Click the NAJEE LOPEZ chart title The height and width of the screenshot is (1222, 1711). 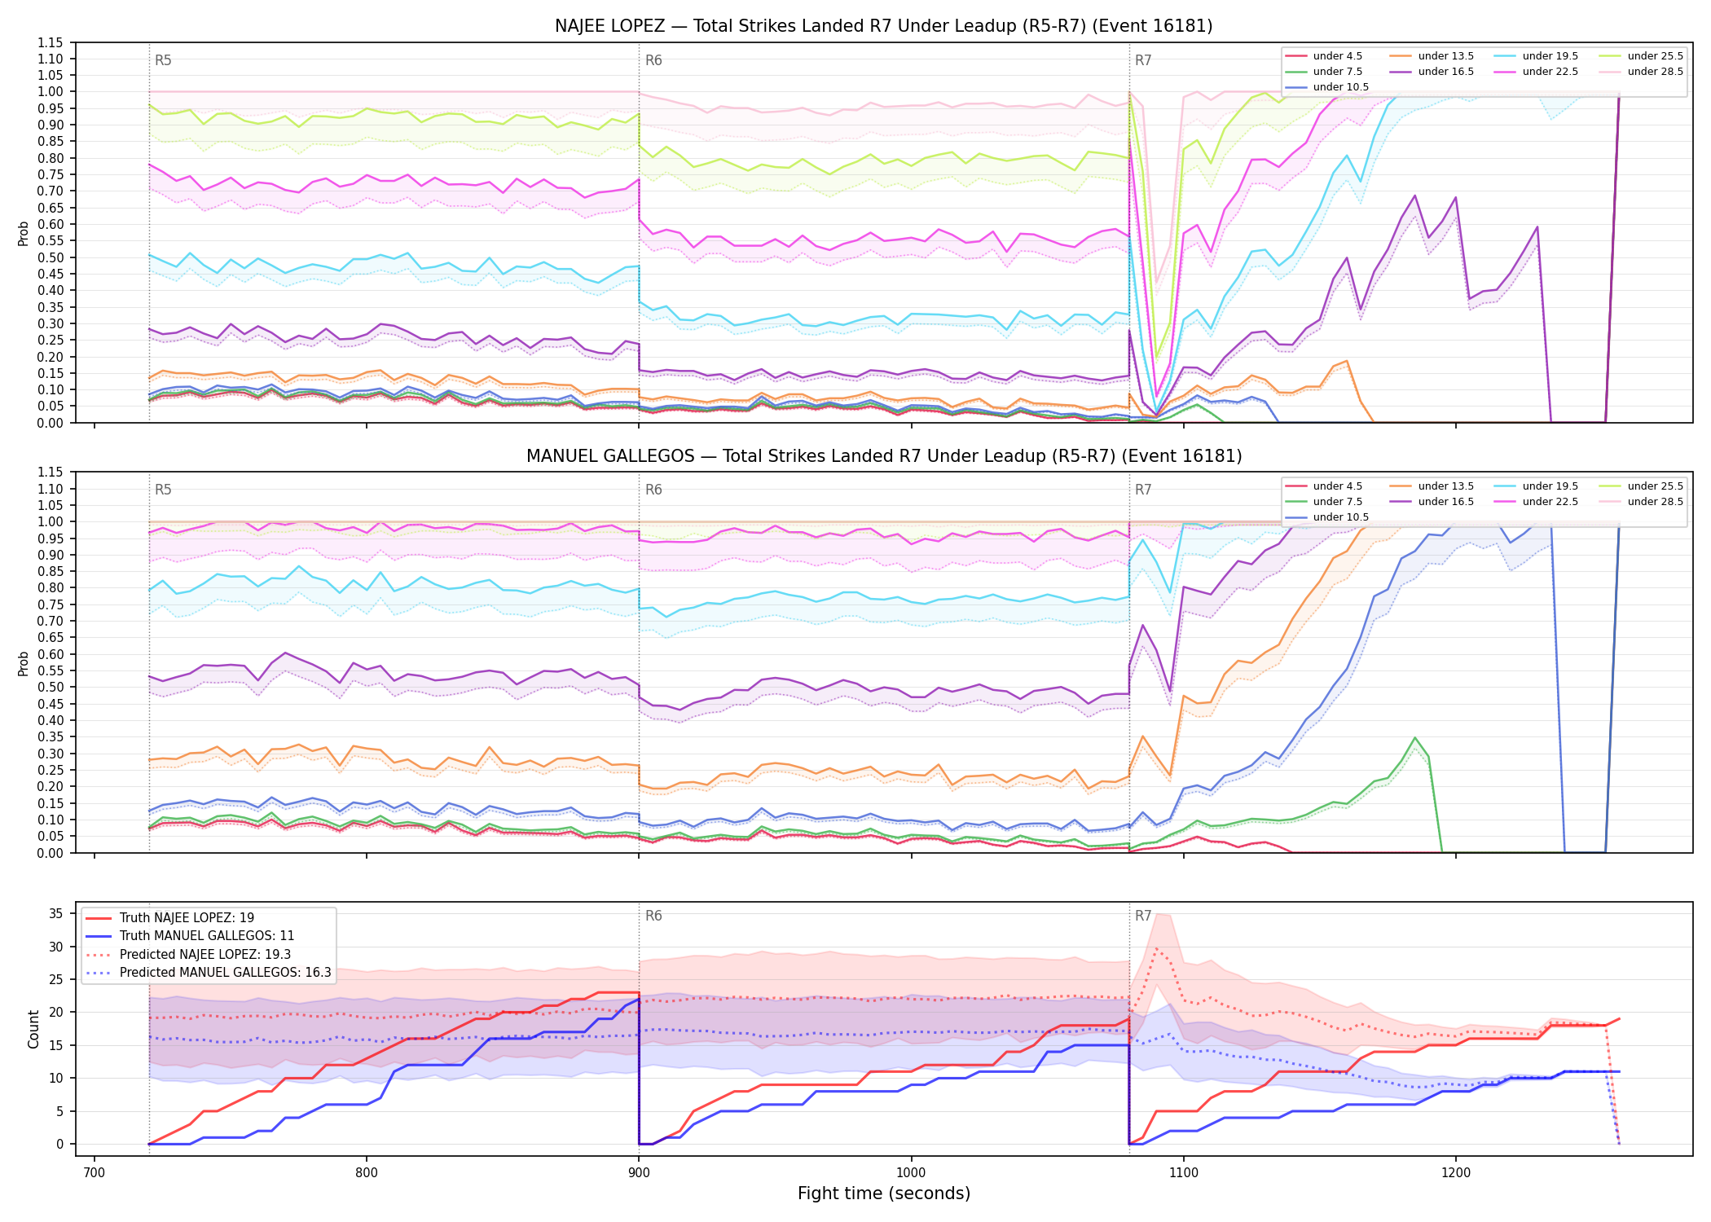click(x=883, y=26)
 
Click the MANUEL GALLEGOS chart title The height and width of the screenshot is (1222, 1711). click(x=883, y=456)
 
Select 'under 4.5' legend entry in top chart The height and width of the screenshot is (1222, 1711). click(x=1323, y=56)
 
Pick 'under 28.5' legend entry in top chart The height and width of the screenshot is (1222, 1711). click(x=1642, y=72)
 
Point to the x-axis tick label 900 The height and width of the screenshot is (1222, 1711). click(x=639, y=1172)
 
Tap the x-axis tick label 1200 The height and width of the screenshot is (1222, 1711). click(x=1455, y=1172)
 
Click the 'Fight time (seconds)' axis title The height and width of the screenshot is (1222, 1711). click(x=884, y=1193)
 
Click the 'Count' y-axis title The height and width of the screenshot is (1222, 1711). click(x=33, y=1030)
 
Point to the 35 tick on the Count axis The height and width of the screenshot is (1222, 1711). click(x=55, y=914)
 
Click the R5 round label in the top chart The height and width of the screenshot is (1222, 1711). click(x=163, y=60)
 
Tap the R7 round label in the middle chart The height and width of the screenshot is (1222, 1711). click(x=1143, y=490)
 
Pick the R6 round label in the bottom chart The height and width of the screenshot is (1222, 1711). click(x=653, y=916)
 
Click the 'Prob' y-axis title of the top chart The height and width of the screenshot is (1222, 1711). click(x=23, y=233)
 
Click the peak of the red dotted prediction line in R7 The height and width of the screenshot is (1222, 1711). click(x=1156, y=948)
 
